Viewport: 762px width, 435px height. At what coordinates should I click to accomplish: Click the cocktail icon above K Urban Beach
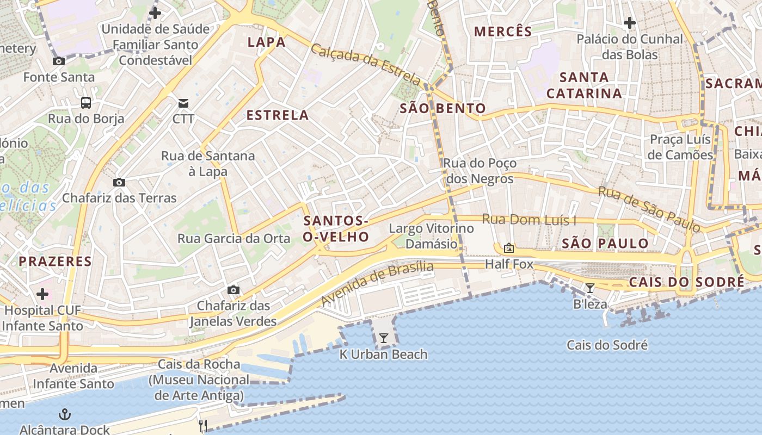384,338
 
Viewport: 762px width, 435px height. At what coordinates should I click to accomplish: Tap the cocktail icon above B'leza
589,288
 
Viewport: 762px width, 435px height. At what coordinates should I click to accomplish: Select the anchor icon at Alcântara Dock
65,414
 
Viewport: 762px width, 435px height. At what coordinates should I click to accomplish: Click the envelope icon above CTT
183,103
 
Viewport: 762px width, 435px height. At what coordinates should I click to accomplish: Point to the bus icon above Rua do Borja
86,102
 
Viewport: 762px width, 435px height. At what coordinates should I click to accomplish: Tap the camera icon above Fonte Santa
58,61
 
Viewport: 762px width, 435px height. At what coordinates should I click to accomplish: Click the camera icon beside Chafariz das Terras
119,182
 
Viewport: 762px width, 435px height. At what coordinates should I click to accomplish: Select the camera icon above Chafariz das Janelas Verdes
233,290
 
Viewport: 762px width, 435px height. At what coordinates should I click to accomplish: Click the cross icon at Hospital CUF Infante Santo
42,294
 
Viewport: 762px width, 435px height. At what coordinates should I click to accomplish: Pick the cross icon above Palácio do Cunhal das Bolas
630,23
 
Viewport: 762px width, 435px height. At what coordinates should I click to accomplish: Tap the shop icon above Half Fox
509,248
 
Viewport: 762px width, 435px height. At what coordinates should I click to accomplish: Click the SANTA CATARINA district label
584,85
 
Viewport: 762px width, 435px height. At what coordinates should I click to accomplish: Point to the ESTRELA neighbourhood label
278,115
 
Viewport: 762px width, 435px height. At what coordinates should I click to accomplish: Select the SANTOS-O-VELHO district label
336,229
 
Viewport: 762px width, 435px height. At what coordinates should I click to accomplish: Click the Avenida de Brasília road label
377,283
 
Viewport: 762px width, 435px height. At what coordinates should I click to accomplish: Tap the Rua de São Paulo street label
649,209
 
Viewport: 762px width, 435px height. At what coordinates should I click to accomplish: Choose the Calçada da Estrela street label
366,64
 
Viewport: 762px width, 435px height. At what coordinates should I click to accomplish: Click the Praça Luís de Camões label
680,147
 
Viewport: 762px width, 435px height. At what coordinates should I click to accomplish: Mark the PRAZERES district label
55,262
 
